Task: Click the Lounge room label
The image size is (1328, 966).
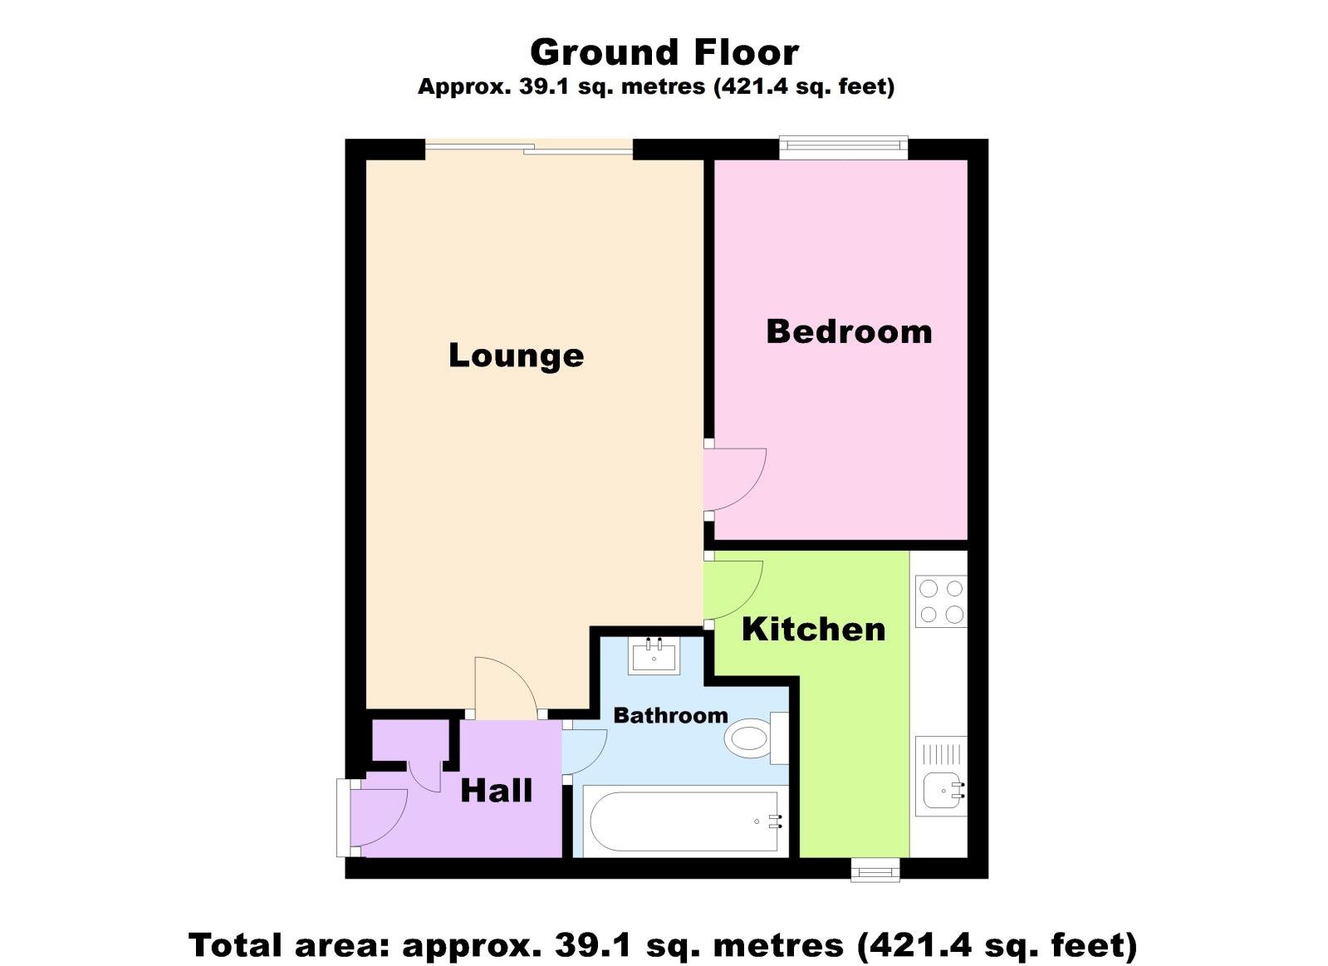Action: (516, 356)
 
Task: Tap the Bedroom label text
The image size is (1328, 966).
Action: (849, 331)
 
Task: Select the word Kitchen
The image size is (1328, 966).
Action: (813, 630)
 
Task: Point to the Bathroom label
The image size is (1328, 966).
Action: (670, 715)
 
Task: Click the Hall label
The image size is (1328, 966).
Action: (496, 791)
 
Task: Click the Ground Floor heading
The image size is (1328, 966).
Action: (664, 52)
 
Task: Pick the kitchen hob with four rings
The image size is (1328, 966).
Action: (941, 601)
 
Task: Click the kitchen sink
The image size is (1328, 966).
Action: (943, 788)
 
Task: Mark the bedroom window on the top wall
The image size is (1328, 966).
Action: (843, 149)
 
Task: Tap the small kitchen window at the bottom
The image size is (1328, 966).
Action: (875, 870)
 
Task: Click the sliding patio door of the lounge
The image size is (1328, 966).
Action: (529, 149)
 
